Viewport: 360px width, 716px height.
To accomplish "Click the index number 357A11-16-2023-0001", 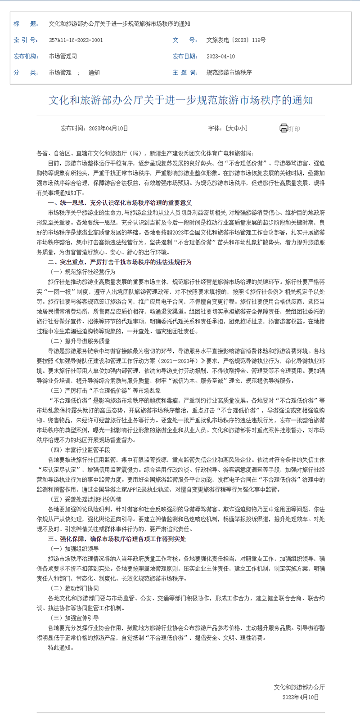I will click(x=76, y=40).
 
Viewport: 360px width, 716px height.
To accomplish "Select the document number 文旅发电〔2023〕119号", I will click(x=236, y=40).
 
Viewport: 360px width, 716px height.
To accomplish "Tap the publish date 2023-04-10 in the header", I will click(x=220, y=57).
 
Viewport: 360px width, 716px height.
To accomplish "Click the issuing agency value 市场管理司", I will click(x=63, y=57).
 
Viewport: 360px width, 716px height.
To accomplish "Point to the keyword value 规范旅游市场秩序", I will click(x=229, y=72).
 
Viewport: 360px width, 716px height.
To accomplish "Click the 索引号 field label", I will click(x=26, y=40).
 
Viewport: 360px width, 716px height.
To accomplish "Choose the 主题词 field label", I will click(x=185, y=72).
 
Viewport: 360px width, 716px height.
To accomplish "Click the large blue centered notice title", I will click(x=180, y=100).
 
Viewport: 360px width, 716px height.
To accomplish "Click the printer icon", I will click(x=283, y=128).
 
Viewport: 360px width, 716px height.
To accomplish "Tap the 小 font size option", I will click(x=243, y=129).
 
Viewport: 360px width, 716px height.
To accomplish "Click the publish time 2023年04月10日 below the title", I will click(x=108, y=129).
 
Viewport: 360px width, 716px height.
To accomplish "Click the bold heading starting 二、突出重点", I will click(x=120, y=262).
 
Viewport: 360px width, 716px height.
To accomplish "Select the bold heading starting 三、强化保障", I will click(x=117, y=539).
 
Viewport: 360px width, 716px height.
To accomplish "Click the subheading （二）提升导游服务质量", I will click(x=80, y=341).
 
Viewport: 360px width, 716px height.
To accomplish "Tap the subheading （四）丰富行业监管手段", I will click(x=80, y=450).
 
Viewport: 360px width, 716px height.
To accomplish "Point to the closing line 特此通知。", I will click(x=60, y=648).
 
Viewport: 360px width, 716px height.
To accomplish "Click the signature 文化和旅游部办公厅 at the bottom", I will click(x=299, y=687).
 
